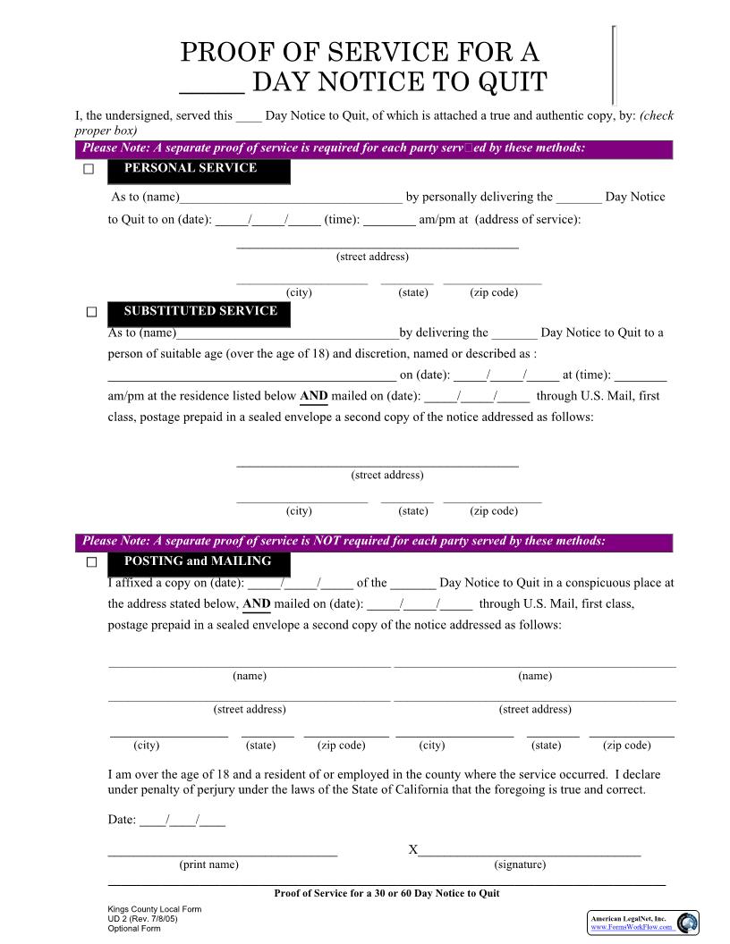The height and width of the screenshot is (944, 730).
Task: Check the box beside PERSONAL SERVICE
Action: [x=89, y=169]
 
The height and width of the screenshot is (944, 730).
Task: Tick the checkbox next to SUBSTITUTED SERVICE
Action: [x=91, y=312]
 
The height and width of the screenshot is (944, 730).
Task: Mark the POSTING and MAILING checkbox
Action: [x=91, y=562]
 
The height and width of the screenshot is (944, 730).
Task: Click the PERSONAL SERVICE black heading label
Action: [x=199, y=169]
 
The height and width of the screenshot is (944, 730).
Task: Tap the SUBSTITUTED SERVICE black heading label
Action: [x=199, y=312]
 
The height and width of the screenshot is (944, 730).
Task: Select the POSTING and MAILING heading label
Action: [x=199, y=562]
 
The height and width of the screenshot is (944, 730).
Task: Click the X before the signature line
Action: [x=413, y=849]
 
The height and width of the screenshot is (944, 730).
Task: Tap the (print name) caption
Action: [x=208, y=864]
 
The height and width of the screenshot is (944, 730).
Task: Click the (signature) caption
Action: [x=520, y=864]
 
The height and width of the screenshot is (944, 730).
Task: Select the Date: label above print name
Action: [x=123, y=820]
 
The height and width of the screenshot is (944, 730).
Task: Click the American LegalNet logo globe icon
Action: [x=686, y=923]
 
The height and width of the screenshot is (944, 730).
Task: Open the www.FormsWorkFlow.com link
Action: [x=631, y=927]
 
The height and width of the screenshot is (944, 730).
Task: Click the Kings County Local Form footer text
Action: [x=154, y=909]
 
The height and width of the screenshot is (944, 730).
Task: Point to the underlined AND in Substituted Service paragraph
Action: [x=313, y=396]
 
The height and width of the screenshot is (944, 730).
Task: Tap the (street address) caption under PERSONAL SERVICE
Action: [x=372, y=257]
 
